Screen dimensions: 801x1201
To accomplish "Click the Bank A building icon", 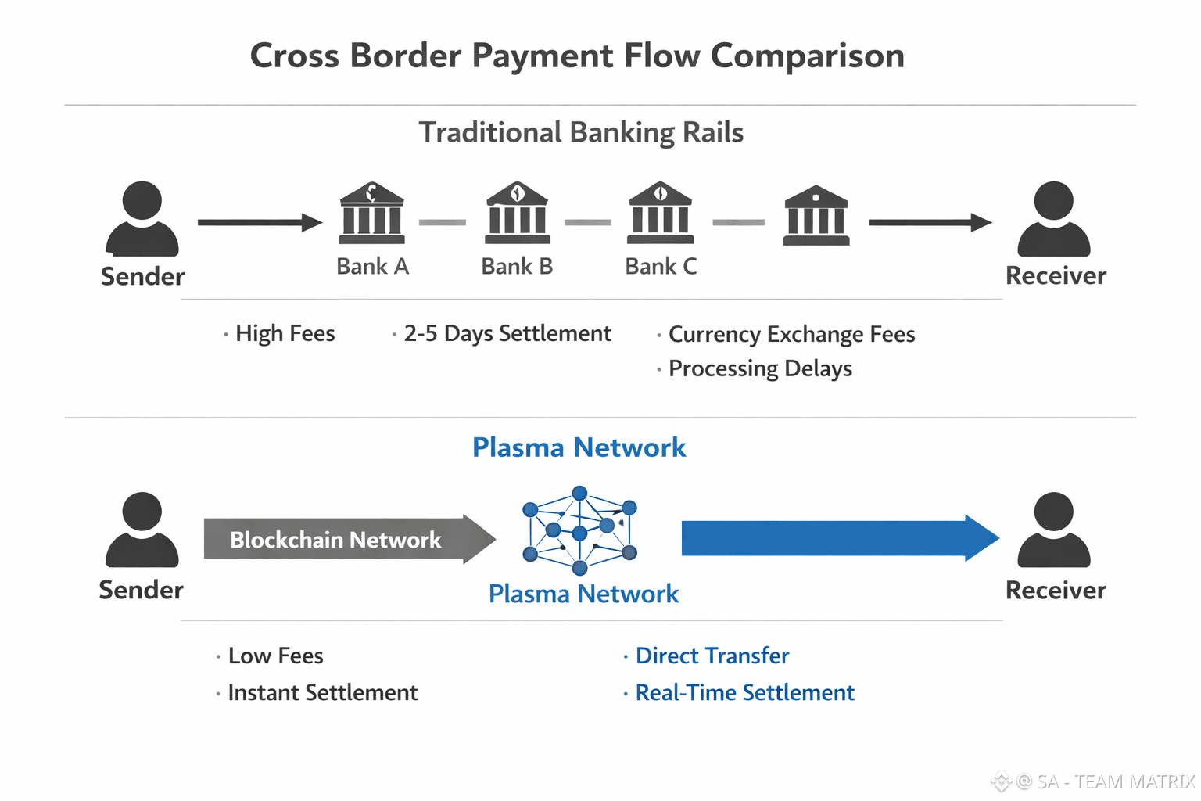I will pyautogui.click(x=372, y=213).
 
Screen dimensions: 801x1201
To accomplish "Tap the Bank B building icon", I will pyautogui.click(x=517, y=213).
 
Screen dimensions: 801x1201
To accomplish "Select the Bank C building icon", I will pyautogui.click(x=661, y=213).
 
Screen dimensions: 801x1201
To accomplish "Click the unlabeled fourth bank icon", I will pyautogui.click(x=816, y=216).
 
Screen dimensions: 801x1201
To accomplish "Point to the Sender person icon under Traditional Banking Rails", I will pyautogui.click(x=142, y=219).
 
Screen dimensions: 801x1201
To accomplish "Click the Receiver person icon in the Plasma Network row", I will pyautogui.click(x=1053, y=530).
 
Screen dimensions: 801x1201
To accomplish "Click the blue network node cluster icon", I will pyautogui.click(x=579, y=530).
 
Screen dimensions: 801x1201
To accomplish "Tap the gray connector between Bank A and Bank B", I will pyautogui.click(x=443, y=223).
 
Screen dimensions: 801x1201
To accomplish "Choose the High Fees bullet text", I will pyautogui.click(x=285, y=334).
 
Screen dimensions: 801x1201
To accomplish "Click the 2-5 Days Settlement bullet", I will pyautogui.click(x=507, y=334).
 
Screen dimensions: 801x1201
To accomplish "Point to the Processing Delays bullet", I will pyautogui.click(x=759, y=368).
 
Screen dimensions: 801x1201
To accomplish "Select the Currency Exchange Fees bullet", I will pyautogui.click(x=791, y=335).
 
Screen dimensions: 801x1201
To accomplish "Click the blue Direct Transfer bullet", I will pyautogui.click(x=712, y=656).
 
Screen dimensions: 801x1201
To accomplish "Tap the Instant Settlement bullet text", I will pyautogui.click(x=322, y=693).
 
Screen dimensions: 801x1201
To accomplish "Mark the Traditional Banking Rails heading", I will pyautogui.click(x=581, y=132).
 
